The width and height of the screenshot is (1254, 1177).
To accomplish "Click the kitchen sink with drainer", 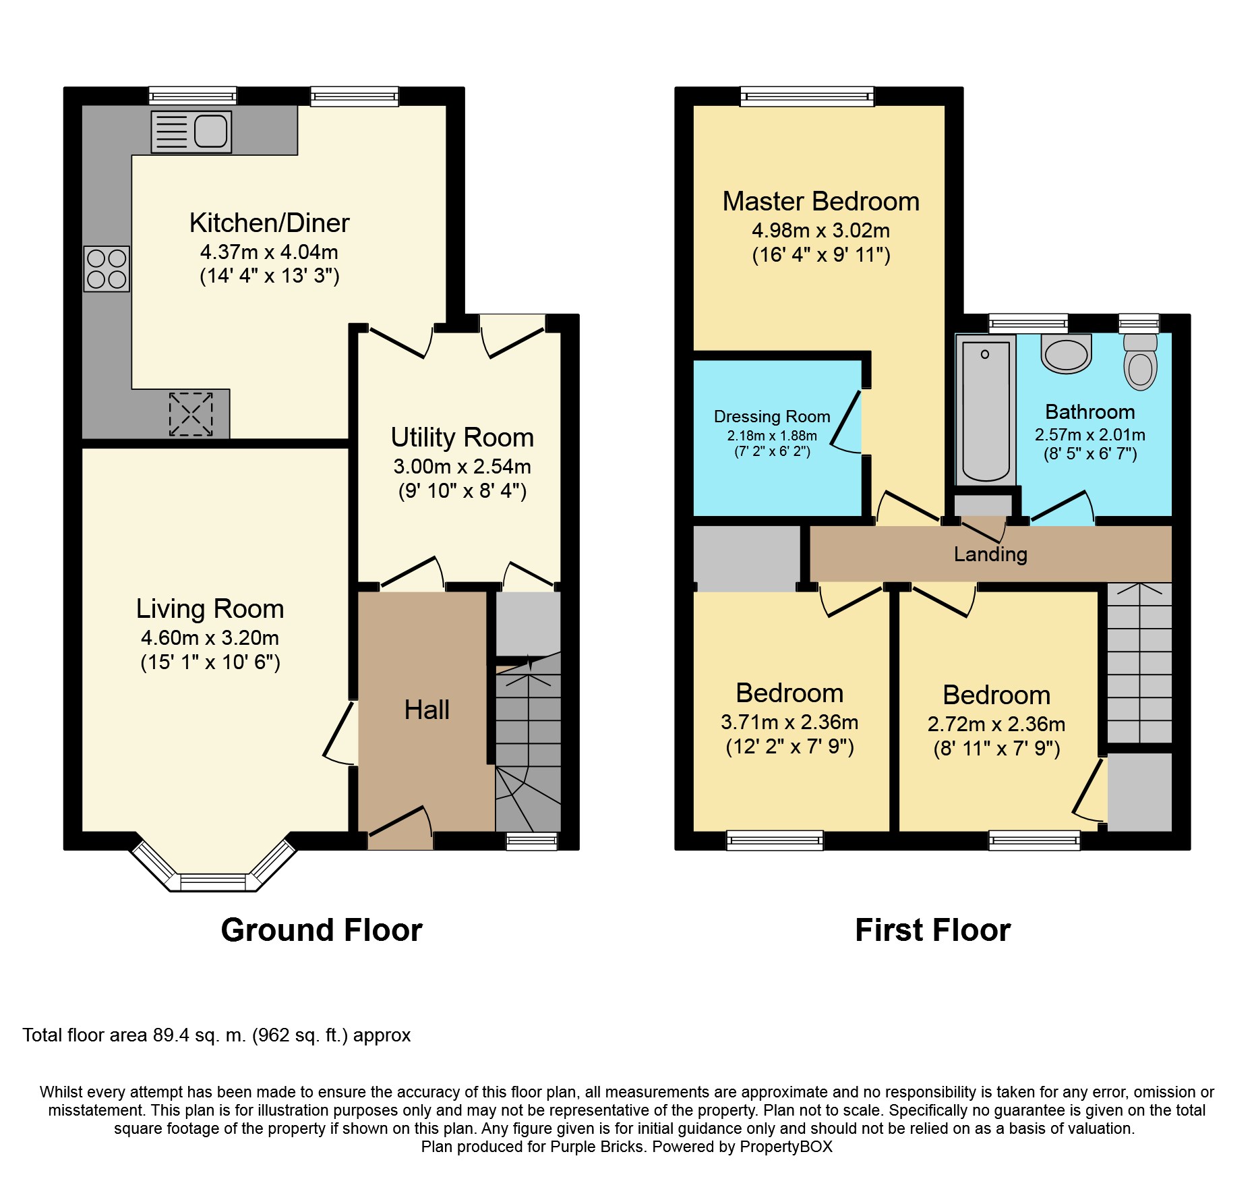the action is (x=191, y=132).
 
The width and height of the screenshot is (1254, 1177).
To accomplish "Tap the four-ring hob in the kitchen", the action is (x=107, y=269).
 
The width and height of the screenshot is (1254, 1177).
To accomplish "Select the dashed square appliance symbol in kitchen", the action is (x=191, y=414).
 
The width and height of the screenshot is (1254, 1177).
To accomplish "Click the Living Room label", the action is (x=210, y=609).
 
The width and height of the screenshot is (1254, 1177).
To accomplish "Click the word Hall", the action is (x=427, y=710).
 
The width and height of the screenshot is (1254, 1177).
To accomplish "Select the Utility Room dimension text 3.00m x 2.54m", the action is (x=462, y=467).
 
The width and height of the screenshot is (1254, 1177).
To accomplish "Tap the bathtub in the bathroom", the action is (x=986, y=410).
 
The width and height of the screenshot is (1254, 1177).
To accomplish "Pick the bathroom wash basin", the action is (x=1067, y=354).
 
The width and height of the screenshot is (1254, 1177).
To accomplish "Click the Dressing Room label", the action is (x=772, y=417).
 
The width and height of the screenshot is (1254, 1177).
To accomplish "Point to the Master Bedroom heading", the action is (x=821, y=202).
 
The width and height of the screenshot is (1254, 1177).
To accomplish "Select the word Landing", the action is (x=990, y=554).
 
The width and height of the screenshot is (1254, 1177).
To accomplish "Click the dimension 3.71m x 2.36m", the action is (x=789, y=722).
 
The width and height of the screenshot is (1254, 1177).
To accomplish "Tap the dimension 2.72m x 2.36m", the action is (x=996, y=724).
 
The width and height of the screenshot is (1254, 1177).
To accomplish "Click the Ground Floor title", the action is (x=322, y=930).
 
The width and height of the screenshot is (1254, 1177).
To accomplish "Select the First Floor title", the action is (x=933, y=930).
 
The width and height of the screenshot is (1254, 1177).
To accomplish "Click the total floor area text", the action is (x=216, y=1035).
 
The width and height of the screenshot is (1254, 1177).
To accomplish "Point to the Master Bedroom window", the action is (x=807, y=96).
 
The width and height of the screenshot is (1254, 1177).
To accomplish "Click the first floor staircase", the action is (x=1139, y=663).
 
